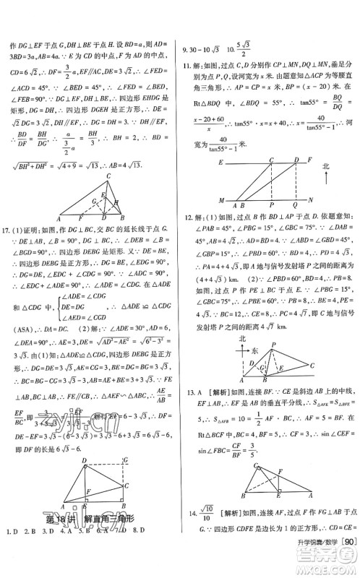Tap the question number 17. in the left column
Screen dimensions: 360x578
tap(7, 230)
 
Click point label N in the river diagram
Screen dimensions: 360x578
tap(309, 199)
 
